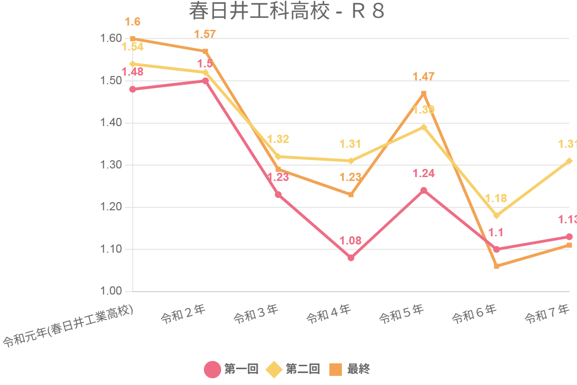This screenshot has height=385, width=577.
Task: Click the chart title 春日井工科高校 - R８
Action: (287, 12)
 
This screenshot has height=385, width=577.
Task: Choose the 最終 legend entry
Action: (350, 369)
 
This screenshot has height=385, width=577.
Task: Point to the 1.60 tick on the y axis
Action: (110, 38)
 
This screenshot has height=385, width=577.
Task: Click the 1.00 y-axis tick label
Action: (110, 292)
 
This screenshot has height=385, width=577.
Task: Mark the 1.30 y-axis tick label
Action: (110, 165)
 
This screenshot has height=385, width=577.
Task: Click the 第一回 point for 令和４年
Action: (351, 258)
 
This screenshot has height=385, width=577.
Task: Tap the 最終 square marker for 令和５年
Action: (424, 93)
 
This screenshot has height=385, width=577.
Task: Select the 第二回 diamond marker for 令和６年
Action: (496, 216)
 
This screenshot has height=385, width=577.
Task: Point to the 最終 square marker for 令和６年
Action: (496, 266)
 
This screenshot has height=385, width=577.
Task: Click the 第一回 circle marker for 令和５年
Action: (424, 191)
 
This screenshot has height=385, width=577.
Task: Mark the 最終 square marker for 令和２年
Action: (205, 51)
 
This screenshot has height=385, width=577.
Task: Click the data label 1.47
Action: (424, 77)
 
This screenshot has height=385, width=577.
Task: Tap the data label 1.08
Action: (351, 241)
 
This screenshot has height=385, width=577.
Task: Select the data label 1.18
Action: (496, 198)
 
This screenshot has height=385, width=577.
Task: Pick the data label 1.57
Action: (205, 34)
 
